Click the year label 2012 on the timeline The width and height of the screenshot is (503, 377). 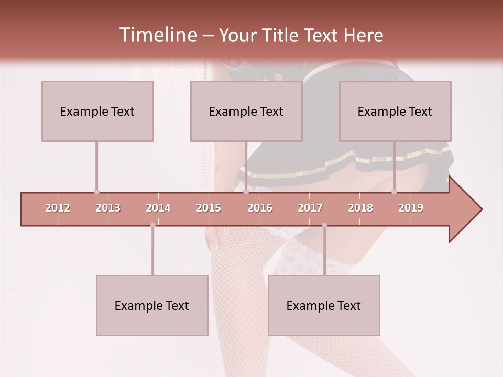[x=58, y=208]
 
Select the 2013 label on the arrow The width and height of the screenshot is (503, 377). [x=108, y=208]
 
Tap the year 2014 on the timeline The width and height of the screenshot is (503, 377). [x=158, y=208]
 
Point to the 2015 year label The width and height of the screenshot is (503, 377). [x=209, y=208]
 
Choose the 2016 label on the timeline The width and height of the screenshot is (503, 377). [x=260, y=208]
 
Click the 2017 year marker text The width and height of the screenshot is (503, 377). [x=310, y=208]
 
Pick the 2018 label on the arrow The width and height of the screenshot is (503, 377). [x=360, y=208]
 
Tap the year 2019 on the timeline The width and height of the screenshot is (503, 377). [x=411, y=208]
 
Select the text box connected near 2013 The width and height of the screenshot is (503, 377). [x=97, y=111]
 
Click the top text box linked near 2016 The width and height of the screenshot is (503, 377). [x=246, y=111]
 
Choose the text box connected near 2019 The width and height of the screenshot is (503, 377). [x=395, y=111]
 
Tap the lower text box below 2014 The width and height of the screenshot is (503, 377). [x=152, y=305]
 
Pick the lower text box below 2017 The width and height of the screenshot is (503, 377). [x=324, y=305]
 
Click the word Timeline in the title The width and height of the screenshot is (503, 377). [x=157, y=35]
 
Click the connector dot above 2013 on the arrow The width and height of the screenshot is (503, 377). [x=96, y=192]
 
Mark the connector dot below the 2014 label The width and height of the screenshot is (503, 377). [x=152, y=225]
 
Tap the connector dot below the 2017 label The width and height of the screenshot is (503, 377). [x=324, y=225]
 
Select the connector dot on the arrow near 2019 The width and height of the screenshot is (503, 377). [x=394, y=192]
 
